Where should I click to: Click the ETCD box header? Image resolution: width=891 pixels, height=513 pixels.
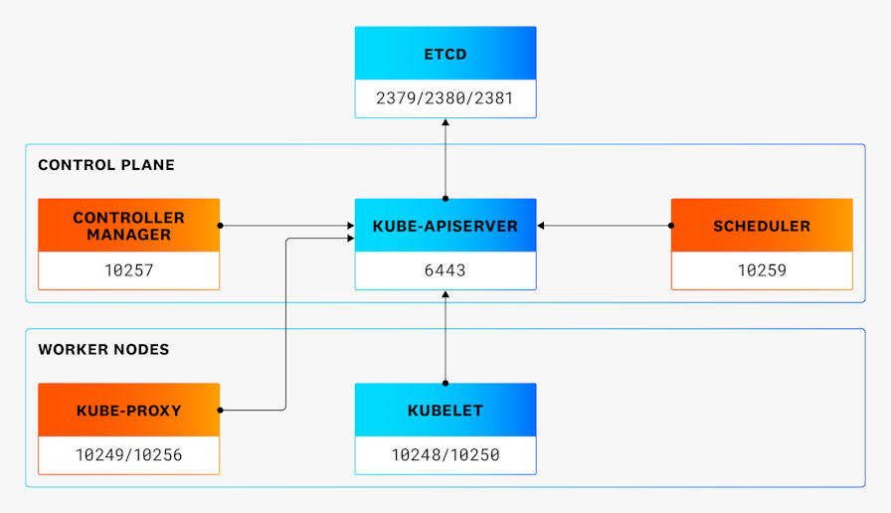click(x=445, y=54)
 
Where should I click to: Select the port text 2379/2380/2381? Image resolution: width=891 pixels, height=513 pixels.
click(x=445, y=98)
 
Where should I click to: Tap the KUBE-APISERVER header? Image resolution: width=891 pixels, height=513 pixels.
click(x=445, y=226)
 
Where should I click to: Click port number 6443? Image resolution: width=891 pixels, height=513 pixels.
click(x=445, y=270)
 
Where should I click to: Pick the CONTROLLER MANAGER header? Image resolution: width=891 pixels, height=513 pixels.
click(x=128, y=226)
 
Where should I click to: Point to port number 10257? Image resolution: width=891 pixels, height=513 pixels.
click(x=128, y=270)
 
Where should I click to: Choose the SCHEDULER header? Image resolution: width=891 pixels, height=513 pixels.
click(x=762, y=226)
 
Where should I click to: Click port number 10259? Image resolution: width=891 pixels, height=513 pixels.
click(x=762, y=270)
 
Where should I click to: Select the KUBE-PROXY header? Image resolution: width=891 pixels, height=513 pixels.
click(x=128, y=411)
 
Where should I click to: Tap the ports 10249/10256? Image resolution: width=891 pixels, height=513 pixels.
click(x=128, y=455)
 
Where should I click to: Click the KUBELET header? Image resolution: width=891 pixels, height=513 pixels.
click(x=445, y=411)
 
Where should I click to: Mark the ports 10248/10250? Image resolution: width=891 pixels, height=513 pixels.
click(x=445, y=455)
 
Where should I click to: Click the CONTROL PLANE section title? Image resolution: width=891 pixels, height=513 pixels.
click(x=106, y=165)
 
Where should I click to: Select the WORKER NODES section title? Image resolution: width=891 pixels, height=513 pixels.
click(x=103, y=350)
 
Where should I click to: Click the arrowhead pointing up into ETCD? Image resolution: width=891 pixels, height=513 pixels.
click(x=445, y=123)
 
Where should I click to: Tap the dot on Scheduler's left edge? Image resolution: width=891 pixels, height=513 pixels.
click(x=671, y=226)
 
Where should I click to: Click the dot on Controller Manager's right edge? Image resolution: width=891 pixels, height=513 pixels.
click(x=220, y=226)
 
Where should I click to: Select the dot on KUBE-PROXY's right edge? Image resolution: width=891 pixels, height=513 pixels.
click(x=220, y=410)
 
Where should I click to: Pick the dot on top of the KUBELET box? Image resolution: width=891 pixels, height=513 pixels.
click(x=445, y=383)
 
